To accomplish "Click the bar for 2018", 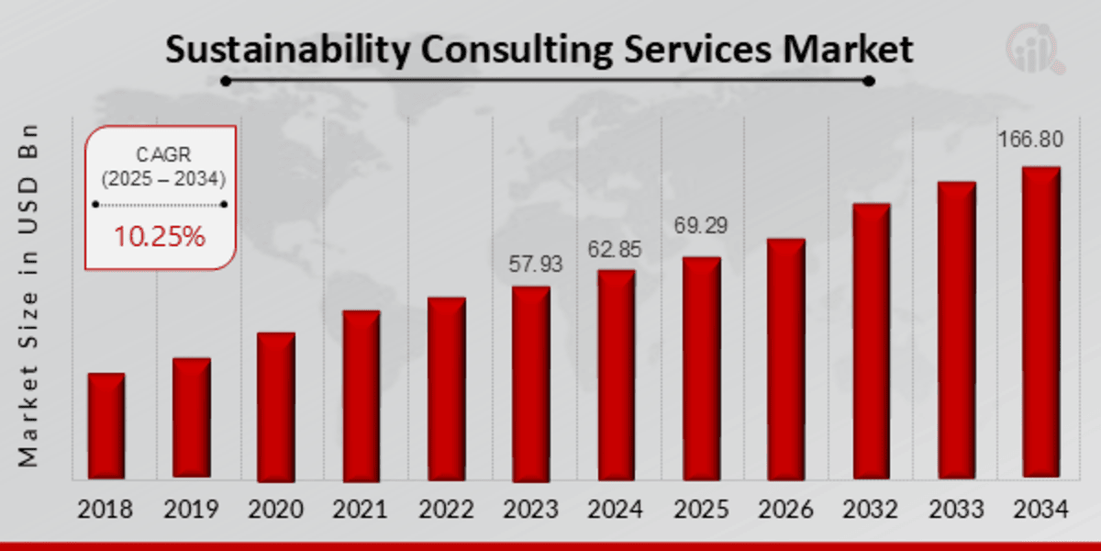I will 106,426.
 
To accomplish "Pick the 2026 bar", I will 785,359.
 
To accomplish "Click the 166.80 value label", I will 1031,140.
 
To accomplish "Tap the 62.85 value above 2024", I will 615,250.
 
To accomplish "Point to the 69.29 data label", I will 701,225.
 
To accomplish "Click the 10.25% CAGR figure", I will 160,237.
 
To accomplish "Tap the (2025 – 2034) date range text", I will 161,179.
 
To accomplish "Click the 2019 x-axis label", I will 191,510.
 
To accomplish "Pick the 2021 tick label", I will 361,510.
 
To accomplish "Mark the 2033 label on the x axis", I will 955,510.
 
